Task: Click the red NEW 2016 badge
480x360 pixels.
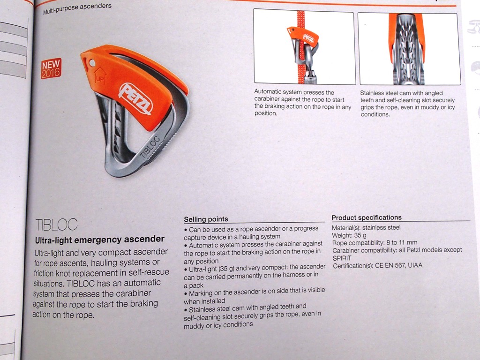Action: pyautogui.click(x=51, y=68)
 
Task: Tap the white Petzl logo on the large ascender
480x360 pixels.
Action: pyautogui.click(x=136, y=98)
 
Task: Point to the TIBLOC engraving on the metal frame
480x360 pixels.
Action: pyautogui.click(x=150, y=147)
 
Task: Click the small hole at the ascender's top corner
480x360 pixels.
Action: pyautogui.click(x=92, y=63)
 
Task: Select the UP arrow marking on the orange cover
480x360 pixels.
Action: pyautogui.click(x=100, y=76)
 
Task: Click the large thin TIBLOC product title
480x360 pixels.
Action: pyautogui.click(x=57, y=225)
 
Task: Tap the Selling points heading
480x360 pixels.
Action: pyautogui.click(x=206, y=219)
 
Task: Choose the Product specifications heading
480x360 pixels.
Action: pyautogui.click(x=367, y=217)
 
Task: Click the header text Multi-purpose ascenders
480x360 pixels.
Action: pyautogui.click(x=77, y=9)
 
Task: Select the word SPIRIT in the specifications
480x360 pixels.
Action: pyautogui.click(x=342, y=258)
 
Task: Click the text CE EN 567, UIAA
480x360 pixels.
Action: pyautogui.click(x=398, y=265)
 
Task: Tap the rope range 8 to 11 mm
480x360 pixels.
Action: pyautogui.click(x=402, y=243)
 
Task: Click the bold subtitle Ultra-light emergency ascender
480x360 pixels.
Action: pyautogui.click(x=100, y=240)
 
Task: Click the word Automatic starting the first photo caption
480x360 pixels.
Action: pyautogui.click(x=268, y=91)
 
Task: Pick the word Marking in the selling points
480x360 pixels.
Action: pyautogui.click(x=200, y=293)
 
